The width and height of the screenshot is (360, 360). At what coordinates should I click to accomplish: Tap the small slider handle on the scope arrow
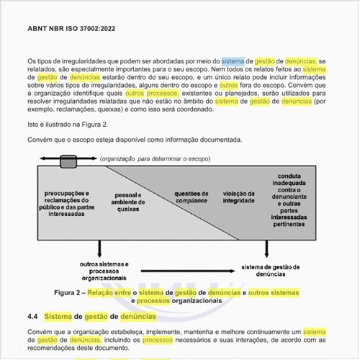tap(69, 158)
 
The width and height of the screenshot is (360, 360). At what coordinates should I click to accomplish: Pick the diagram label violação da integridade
tap(238, 197)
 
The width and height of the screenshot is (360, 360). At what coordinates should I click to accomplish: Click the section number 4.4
tap(32, 317)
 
